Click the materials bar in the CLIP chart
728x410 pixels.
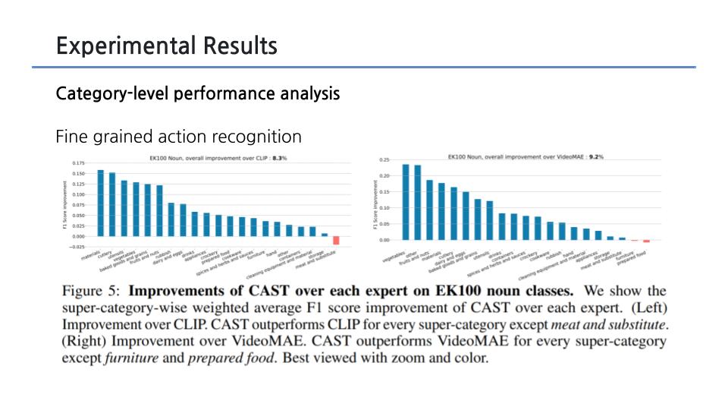[x=100, y=203]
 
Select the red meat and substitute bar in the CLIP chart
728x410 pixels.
[x=336, y=240]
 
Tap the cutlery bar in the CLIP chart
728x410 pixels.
[x=112, y=204]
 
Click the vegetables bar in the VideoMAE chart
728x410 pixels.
[x=406, y=202]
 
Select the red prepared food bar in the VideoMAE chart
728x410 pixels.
[x=647, y=241]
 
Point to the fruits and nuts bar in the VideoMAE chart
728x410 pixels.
[x=429, y=210]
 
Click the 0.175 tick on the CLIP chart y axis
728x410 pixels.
[x=78, y=163]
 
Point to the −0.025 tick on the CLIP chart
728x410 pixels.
[x=77, y=247]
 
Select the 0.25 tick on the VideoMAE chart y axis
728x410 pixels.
[x=384, y=160]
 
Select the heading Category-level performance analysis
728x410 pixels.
[x=197, y=94]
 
